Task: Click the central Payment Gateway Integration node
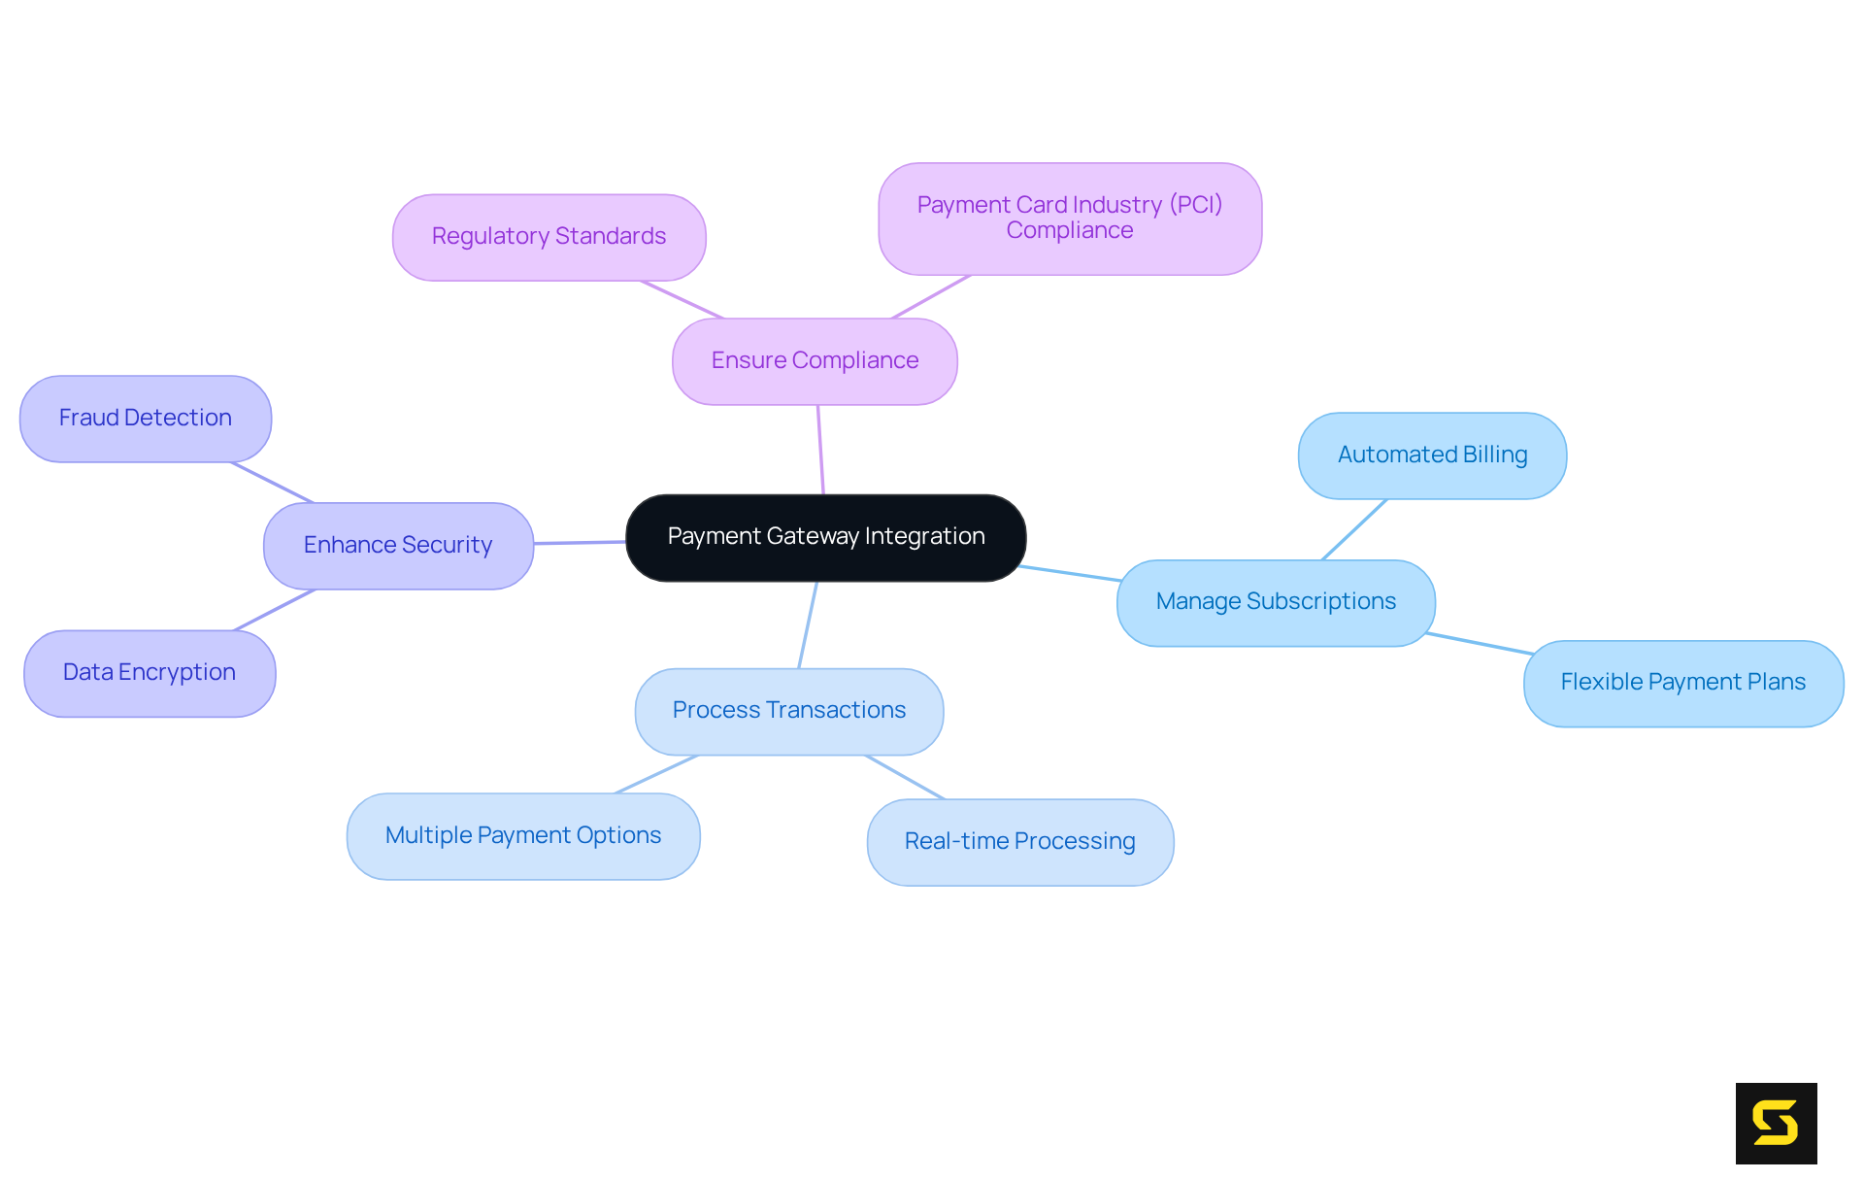pyautogui.click(x=825, y=538)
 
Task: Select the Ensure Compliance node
pyautogui.click(x=815, y=361)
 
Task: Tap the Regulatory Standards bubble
pyautogui.click(x=549, y=237)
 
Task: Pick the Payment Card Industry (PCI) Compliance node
pyautogui.click(x=1069, y=219)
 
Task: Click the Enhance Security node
pyautogui.click(x=398, y=546)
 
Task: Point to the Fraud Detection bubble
pyautogui.click(x=146, y=419)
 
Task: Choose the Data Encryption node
pyautogui.click(x=150, y=673)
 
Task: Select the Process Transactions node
pyautogui.click(x=788, y=711)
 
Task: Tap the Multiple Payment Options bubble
pyautogui.click(x=523, y=836)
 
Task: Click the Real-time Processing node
pyautogui.click(x=1019, y=842)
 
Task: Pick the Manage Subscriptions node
pyautogui.click(x=1276, y=602)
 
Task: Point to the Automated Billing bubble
pyautogui.click(x=1432, y=455)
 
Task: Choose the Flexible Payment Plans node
pyautogui.click(x=1682, y=683)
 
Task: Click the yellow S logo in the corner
pyautogui.click(x=1776, y=1123)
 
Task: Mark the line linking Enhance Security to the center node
pyautogui.click(x=580, y=543)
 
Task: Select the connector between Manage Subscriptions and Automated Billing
pyautogui.click(x=1354, y=529)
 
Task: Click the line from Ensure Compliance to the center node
pyautogui.click(x=820, y=450)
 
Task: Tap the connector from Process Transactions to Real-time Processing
pyautogui.click(x=905, y=777)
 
